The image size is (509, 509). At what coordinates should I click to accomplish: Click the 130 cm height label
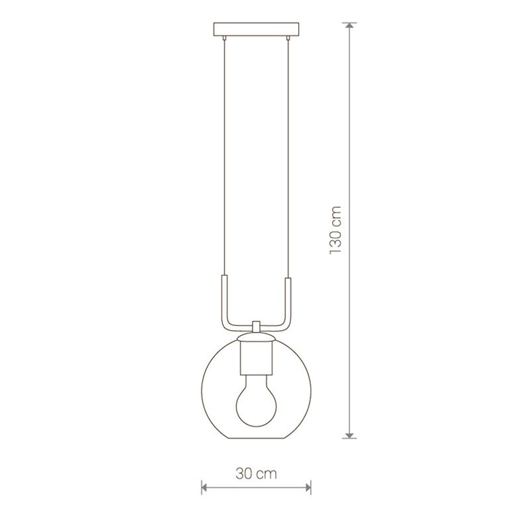tap(335, 230)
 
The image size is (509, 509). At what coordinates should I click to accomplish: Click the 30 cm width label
tap(256, 474)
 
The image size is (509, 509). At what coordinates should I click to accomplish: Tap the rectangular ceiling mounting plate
tap(256, 29)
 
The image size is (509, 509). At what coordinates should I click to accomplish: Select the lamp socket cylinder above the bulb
tap(256, 358)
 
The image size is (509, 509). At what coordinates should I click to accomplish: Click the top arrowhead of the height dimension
tap(349, 26)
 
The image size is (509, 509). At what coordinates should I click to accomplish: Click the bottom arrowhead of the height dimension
tap(349, 435)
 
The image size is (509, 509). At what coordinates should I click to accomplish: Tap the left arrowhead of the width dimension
tap(204, 487)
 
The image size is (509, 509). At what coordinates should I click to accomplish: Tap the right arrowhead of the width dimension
tap(308, 487)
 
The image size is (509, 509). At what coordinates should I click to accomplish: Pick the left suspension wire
tap(223, 158)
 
